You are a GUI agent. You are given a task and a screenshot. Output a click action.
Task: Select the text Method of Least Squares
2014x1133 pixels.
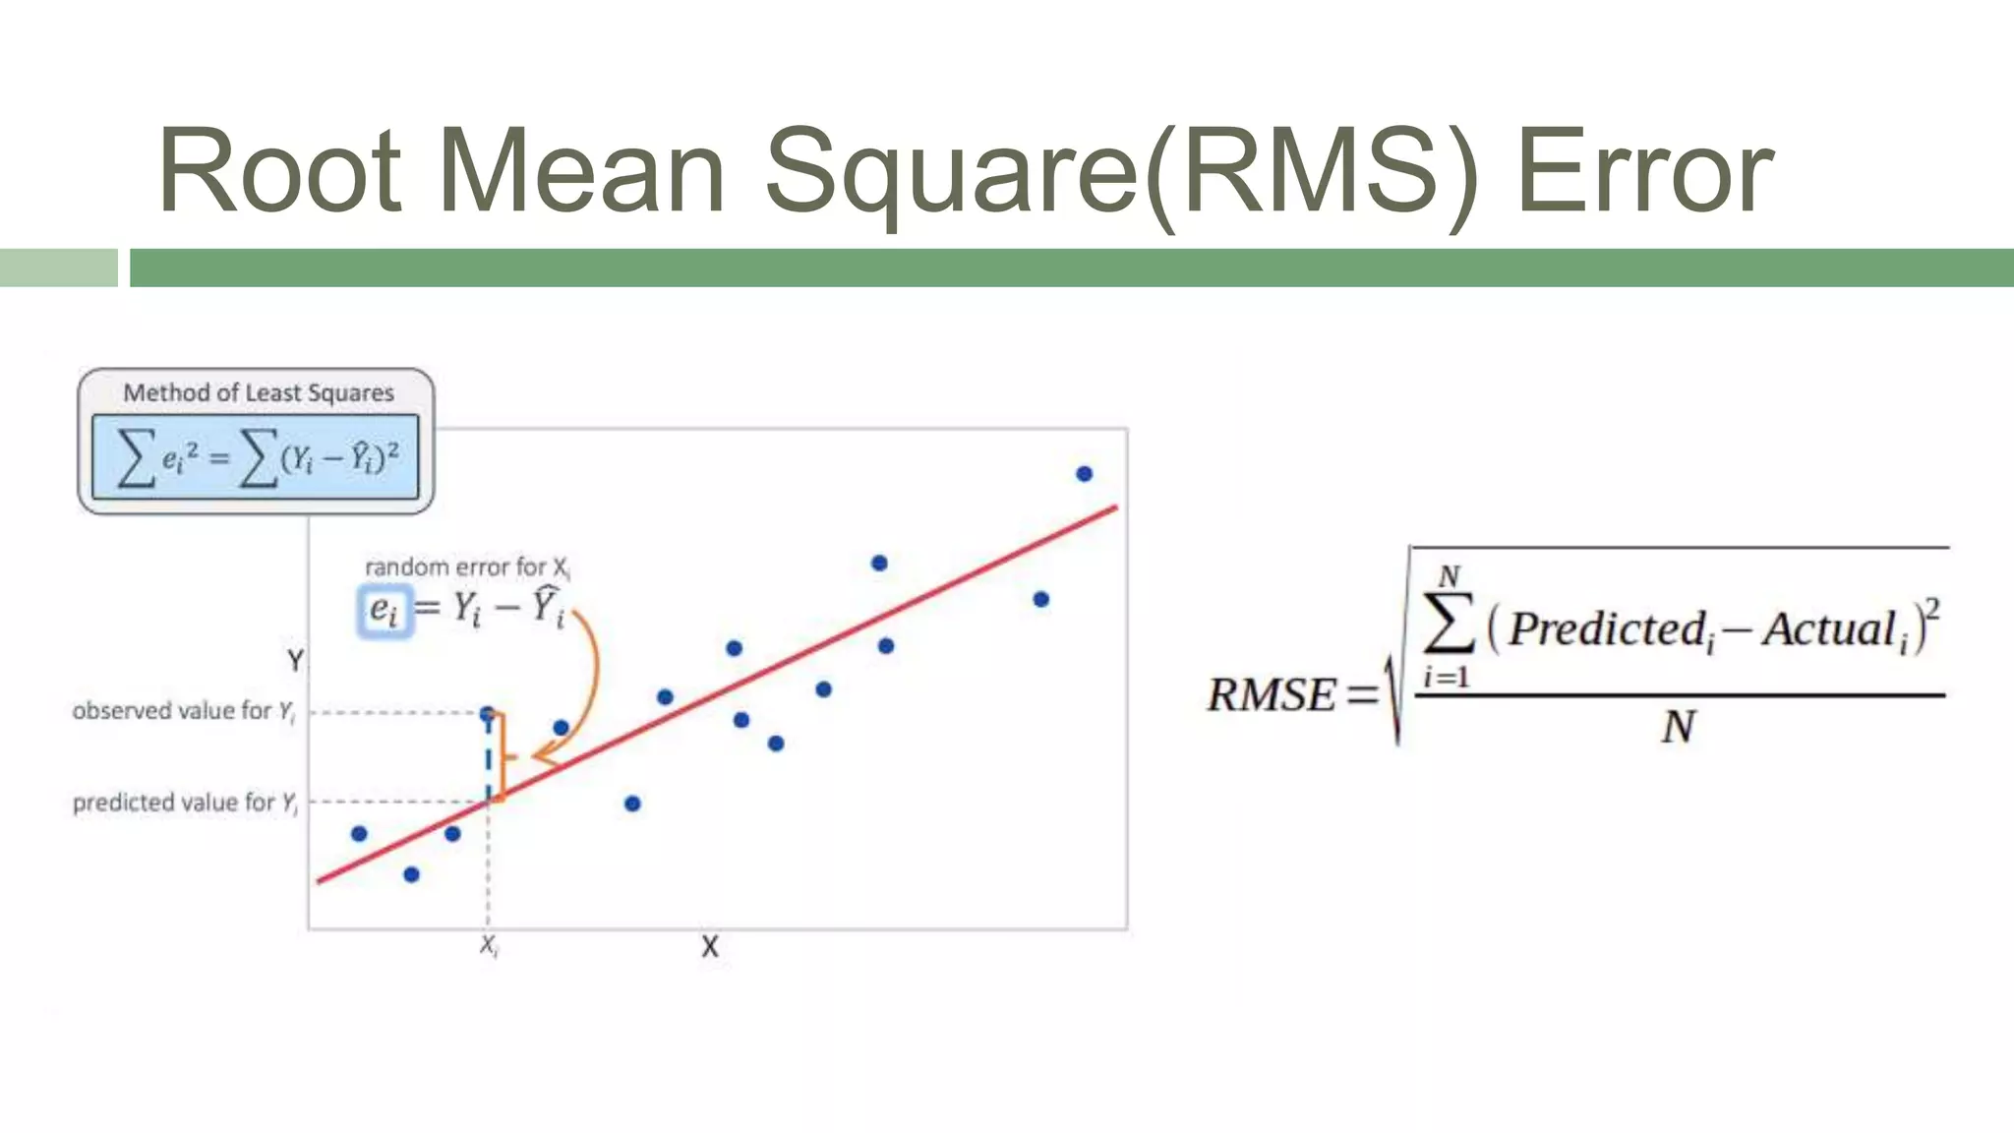click(258, 392)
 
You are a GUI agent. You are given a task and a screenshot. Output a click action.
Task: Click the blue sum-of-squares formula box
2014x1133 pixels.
click(256, 457)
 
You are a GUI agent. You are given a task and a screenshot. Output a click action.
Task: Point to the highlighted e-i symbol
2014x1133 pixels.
click(384, 611)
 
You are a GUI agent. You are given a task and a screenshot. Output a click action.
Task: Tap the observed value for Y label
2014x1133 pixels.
click(183, 711)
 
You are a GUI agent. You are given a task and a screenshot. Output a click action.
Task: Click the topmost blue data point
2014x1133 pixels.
click(1084, 474)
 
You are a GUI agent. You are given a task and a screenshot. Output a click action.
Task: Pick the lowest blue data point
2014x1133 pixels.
click(411, 874)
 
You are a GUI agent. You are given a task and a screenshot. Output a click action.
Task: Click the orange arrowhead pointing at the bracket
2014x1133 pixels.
click(543, 756)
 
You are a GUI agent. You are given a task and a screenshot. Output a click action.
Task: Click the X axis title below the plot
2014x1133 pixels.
click(710, 947)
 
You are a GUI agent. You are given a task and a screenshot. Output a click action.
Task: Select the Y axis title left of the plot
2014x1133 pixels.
click(295, 660)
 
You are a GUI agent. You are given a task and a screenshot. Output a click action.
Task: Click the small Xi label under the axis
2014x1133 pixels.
click(489, 946)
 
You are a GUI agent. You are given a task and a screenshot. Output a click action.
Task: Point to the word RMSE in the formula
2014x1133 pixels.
click(1271, 695)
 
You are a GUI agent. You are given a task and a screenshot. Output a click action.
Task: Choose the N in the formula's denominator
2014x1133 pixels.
click(1679, 728)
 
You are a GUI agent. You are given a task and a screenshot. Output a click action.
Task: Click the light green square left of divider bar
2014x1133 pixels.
click(58, 268)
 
